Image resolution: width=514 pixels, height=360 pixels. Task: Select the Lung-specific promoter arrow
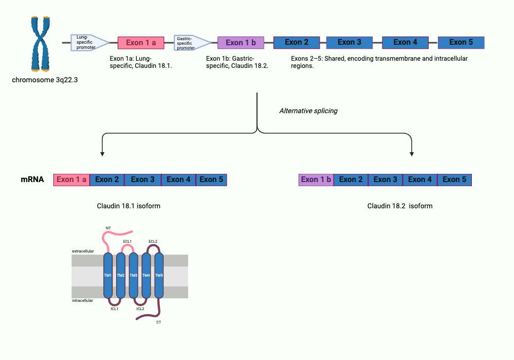[88, 43]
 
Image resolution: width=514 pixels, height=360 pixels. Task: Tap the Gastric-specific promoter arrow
[191, 43]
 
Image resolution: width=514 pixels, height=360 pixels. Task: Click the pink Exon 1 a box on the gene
[141, 43]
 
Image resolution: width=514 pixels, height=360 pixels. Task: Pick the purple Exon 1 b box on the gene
[241, 43]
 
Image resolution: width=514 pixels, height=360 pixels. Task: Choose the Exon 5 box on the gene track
[461, 42]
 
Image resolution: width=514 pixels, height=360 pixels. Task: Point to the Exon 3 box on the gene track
[349, 42]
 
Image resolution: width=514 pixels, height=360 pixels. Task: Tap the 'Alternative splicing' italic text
[308, 111]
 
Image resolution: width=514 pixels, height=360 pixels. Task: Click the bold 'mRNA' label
[32, 179]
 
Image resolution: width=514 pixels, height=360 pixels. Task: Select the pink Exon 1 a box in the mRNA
[71, 179]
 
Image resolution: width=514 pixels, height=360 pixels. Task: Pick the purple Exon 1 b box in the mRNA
[316, 179]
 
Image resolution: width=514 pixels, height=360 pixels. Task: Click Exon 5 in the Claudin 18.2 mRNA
[454, 179]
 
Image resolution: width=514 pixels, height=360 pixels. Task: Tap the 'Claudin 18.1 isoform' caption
[128, 206]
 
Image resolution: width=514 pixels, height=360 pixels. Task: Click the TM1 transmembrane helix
[108, 276]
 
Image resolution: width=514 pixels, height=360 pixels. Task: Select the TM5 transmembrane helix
[159, 276]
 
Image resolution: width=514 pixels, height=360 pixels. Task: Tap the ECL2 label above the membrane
[153, 241]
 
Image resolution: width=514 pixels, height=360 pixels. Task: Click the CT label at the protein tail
[158, 322]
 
